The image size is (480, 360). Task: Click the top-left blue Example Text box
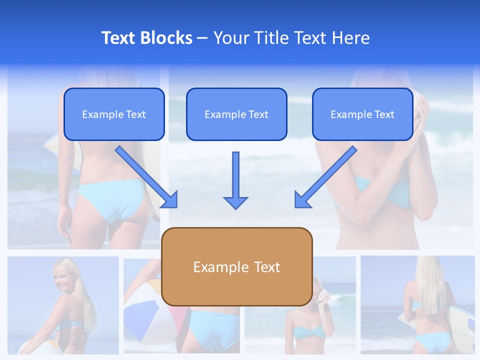(x=114, y=114)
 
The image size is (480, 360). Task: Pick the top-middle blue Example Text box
(x=236, y=114)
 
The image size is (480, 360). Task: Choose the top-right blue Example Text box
(x=362, y=114)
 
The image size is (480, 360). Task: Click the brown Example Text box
(x=237, y=266)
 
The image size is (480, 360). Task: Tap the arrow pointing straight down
(x=235, y=180)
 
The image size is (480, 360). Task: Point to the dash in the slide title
(x=202, y=38)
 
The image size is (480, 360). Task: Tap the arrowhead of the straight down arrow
(x=235, y=202)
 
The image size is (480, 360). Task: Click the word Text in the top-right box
(x=384, y=114)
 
